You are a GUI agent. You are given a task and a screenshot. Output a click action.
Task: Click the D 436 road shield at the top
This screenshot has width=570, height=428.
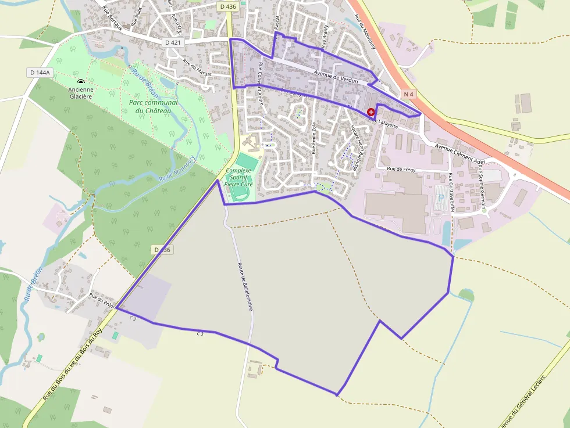tap(228, 6)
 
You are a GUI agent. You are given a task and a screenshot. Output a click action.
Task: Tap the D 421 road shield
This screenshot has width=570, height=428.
tap(173, 42)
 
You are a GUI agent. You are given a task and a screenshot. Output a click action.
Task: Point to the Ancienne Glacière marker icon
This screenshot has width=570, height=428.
tap(80, 82)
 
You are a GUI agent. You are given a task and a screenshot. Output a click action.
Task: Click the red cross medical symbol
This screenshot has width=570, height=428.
tap(371, 112)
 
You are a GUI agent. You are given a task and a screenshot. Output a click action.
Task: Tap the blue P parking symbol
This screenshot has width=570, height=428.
tap(440, 197)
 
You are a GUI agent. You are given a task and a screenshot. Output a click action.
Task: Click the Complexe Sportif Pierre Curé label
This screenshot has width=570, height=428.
tap(239, 177)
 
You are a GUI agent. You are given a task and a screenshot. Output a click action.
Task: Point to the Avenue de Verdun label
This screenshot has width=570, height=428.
tap(335, 77)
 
